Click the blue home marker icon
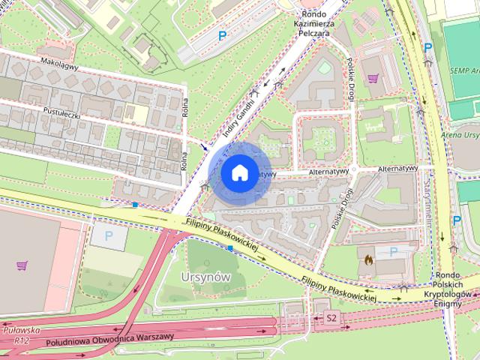tap(238, 173)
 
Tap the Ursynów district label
tap(205, 277)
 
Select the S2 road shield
tap(331, 319)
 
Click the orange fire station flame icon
tap(368, 259)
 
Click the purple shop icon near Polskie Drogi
tap(373, 76)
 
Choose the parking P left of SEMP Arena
tap(427, 47)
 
